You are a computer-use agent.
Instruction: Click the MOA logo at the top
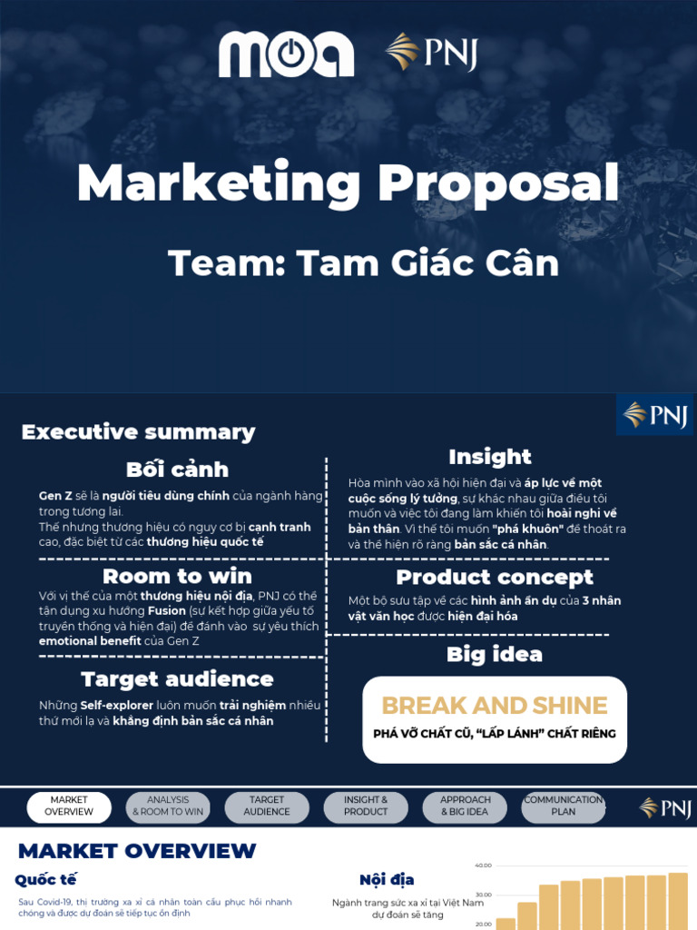[x=286, y=54]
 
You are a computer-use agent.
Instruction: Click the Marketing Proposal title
[x=348, y=183]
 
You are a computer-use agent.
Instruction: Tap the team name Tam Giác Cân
[x=363, y=262]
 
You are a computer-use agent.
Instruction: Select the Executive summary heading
[x=138, y=431]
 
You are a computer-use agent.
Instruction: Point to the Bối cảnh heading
[x=177, y=470]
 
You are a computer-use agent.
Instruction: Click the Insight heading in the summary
[x=490, y=456]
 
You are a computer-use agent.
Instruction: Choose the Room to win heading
[x=178, y=576]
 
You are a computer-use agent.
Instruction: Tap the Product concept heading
[x=495, y=577]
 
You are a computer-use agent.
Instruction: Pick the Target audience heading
[x=177, y=678]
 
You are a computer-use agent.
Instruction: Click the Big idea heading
[x=495, y=654]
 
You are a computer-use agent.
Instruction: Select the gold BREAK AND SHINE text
[x=495, y=706]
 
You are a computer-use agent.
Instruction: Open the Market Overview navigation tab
[x=69, y=806]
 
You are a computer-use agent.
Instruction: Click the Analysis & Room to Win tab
[x=168, y=806]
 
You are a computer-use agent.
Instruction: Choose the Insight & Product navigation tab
[x=366, y=806]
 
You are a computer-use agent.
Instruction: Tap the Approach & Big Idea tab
[x=465, y=806]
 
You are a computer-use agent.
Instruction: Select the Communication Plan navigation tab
[x=564, y=806]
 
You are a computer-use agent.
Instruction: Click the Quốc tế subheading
[x=45, y=879]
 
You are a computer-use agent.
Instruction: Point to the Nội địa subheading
[x=387, y=879]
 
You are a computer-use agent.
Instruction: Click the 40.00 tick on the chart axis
[x=483, y=866]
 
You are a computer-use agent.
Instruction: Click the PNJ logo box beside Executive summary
[x=654, y=415]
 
